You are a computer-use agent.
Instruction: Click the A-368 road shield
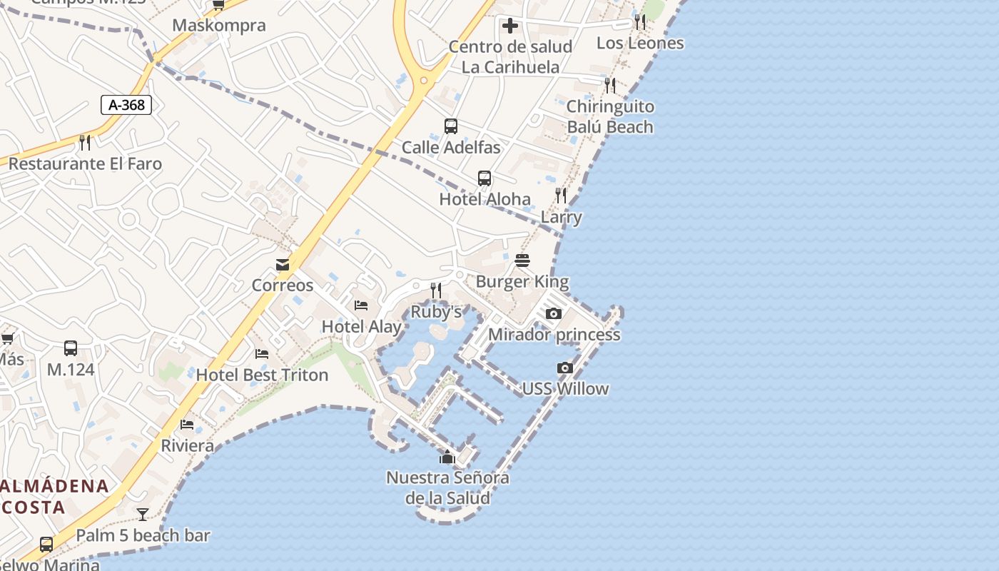pyautogui.click(x=126, y=105)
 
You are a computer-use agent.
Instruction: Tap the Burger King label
pyautogui.click(x=522, y=281)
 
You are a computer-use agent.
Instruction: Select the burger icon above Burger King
pyautogui.click(x=522, y=261)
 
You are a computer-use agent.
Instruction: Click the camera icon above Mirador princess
pyautogui.click(x=553, y=313)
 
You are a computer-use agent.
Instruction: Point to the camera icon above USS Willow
pyautogui.click(x=564, y=368)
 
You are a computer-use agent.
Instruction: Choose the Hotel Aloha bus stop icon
pyautogui.click(x=485, y=178)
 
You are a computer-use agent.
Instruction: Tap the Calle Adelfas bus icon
pyautogui.click(x=450, y=126)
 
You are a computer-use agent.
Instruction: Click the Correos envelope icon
pyautogui.click(x=283, y=265)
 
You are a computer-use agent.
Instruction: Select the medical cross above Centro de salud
pyautogui.click(x=509, y=26)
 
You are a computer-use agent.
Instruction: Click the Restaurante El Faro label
pyautogui.click(x=85, y=163)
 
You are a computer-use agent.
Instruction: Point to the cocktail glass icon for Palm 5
pyautogui.click(x=143, y=514)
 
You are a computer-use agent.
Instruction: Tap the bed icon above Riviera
pyautogui.click(x=187, y=425)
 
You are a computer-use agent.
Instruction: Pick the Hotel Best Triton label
pyautogui.click(x=262, y=375)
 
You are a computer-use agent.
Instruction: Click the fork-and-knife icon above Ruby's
pyautogui.click(x=436, y=290)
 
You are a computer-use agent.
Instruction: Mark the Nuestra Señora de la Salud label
pyautogui.click(x=447, y=487)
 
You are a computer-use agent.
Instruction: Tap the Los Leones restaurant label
pyautogui.click(x=640, y=43)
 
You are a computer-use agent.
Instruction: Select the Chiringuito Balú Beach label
pyautogui.click(x=610, y=116)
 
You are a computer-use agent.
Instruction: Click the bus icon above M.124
pyautogui.click(x=71, y=348)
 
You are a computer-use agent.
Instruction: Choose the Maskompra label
pyautogui.click(x=219, y=26)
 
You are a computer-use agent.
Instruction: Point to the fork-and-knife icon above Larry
pyautogui.click(x=561, y=195)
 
